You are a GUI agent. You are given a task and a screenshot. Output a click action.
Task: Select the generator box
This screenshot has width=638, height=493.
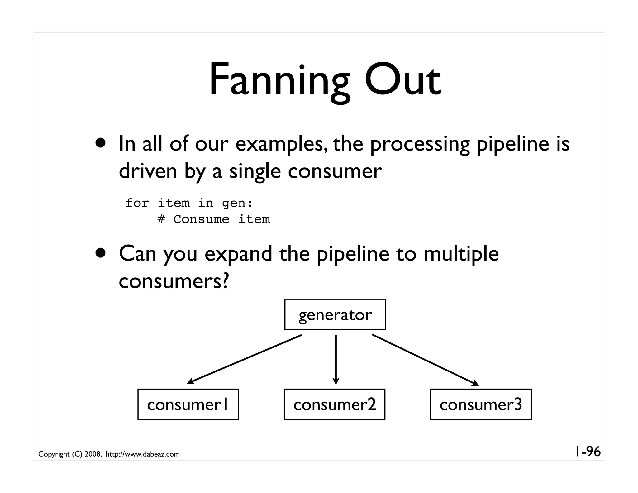[335, 314]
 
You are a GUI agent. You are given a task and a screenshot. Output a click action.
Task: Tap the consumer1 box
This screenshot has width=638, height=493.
[188, 404]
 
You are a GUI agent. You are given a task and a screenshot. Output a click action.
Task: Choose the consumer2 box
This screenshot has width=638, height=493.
[335, 404]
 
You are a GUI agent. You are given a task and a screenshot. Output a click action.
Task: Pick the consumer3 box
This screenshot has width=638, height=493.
[481, 404]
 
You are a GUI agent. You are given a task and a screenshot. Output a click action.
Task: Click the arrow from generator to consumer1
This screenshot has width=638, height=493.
[245, 359]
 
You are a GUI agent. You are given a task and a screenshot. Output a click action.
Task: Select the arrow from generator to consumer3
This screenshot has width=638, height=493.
[425, 360]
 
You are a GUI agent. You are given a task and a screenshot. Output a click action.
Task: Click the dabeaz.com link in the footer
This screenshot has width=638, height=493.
[143, 454]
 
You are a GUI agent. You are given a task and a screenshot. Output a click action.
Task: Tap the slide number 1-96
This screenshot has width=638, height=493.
[588, 452]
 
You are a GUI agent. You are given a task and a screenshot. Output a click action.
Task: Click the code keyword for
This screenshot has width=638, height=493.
[137, 203]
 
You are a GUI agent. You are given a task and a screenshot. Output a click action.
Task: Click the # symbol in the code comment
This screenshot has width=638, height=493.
[161, 219]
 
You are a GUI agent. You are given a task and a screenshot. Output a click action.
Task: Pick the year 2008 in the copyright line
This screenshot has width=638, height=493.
[92, 454]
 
